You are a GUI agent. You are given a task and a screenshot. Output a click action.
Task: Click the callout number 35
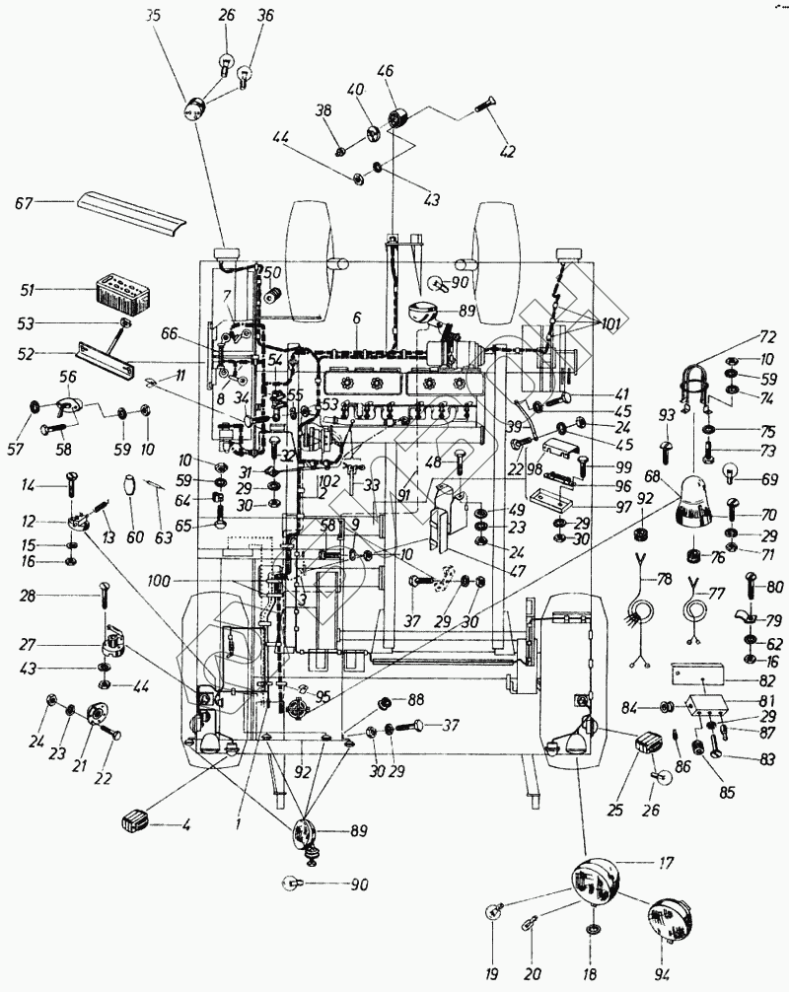151,16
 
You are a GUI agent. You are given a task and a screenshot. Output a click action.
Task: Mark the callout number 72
767,337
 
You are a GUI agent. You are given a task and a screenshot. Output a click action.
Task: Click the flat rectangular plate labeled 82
701,673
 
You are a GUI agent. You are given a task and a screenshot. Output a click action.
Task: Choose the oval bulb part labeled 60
128,488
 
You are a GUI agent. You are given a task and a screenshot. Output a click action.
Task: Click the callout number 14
28,484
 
